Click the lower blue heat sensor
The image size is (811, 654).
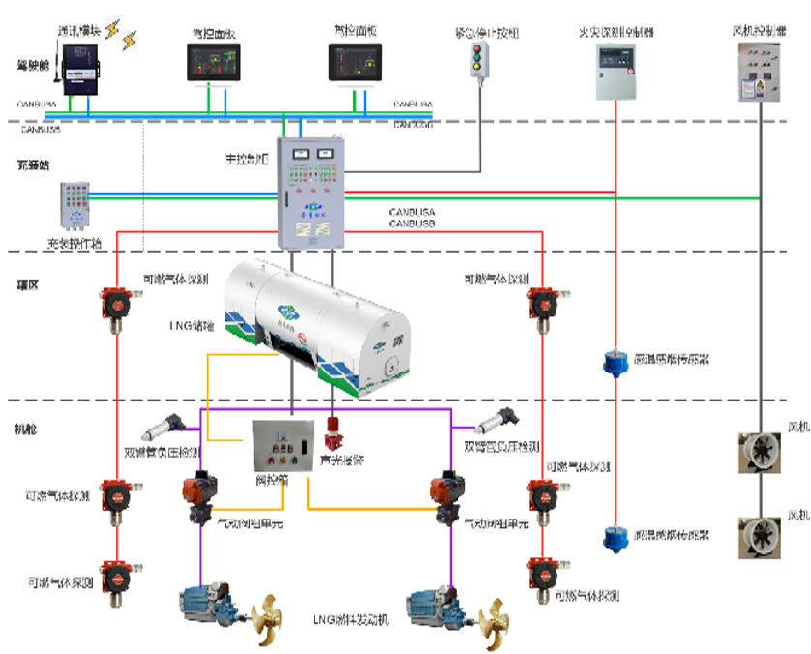click(614, 539)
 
